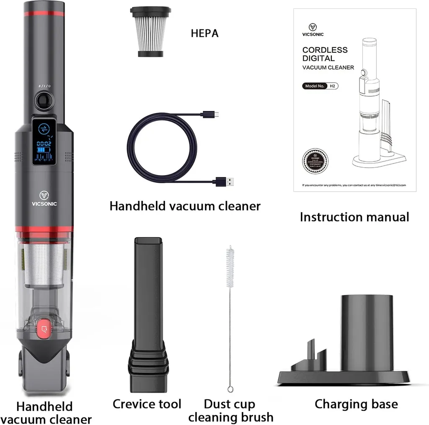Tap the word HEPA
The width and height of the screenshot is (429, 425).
pyautogui.click(x=204, y=34)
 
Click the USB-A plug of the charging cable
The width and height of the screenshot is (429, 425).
pyautogui.click(x=224, y=182)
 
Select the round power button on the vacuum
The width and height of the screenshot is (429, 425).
pyautogui.click(x=43, y=100)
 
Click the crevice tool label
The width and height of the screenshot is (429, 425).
pyautogui.click(x=147, y=404)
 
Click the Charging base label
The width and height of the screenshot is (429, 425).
pyautogui.click(x=356, y=404)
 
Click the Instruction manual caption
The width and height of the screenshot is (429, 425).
pyautogui.click(x=354, y=217)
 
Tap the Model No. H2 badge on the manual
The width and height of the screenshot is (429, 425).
pyautogui.click(x=320, y=86)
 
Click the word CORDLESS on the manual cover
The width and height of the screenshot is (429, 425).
pyautogui.click(x=325, y=50)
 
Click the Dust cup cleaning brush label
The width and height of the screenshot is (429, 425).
pyautogui.click(x=230, y=410)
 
